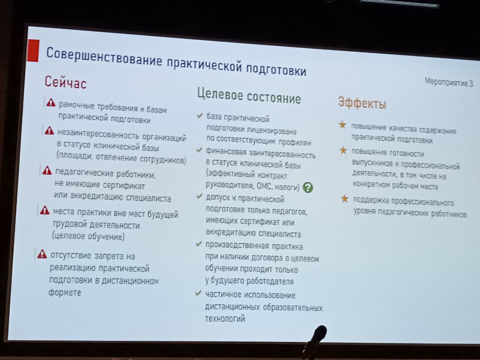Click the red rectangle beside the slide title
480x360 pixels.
[33, 51]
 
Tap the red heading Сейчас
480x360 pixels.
[66, 82]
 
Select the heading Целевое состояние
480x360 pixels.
[249, 96]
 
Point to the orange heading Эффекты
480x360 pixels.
[362, 103]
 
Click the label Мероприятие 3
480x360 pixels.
[449, 82]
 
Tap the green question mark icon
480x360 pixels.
[308, 187]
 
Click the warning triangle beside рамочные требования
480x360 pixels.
[51, 102]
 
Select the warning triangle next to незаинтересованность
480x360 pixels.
[49, 130]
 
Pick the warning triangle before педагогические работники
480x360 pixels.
[47, 170]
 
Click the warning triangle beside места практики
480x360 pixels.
[45, 210]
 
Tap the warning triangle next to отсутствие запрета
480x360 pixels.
[42, 254]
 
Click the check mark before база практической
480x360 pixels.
[199, 115]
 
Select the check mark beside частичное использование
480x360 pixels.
[198, 293]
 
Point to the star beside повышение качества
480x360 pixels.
[342, 125]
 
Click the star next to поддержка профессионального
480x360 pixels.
[345, 198]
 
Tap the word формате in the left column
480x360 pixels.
[65, 292]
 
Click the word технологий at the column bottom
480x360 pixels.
[225, 319]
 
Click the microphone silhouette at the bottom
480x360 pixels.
[315, 341]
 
